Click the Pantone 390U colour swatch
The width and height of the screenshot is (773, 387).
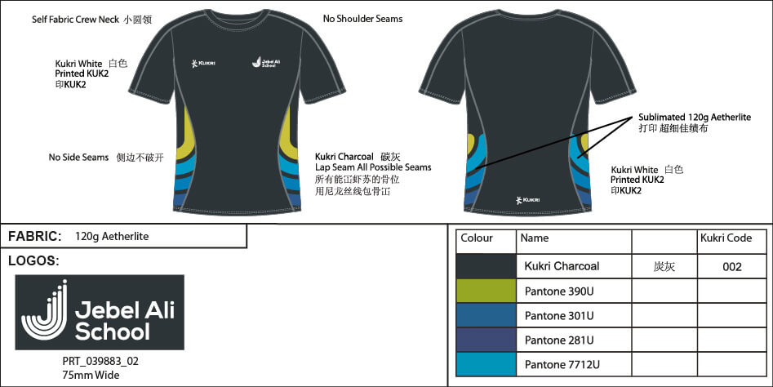tap(486, 291)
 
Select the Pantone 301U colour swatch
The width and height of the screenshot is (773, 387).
tap(486, 315)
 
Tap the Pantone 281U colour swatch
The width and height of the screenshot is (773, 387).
tap(486, 340)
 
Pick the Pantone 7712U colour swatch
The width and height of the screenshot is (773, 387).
tap(486, 364)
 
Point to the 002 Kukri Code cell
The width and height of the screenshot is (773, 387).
tap(731, 267)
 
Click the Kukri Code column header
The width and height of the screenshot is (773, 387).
tap(726, 238)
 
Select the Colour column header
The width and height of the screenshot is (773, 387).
tap(476, 238)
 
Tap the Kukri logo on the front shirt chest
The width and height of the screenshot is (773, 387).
tap(203, 63)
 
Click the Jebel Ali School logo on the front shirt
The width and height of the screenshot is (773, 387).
tap(266, 62)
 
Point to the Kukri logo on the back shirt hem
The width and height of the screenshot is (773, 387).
tap(527, 200)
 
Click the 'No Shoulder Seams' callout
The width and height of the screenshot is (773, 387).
tap(362, 19)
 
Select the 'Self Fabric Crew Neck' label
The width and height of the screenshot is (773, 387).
tap(75, 20)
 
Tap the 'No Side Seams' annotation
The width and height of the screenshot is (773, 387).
tap(78, 158)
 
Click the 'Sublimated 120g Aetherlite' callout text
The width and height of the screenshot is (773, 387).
tap(695, 118)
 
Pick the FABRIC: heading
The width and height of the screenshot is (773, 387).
tap(34, 236)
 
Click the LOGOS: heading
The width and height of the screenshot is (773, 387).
tap(33, 260)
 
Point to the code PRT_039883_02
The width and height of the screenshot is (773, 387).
tap(100, 362)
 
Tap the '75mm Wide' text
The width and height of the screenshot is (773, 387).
tap(91, 376)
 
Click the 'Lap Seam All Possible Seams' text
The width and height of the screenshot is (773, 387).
tap(373, 167)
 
